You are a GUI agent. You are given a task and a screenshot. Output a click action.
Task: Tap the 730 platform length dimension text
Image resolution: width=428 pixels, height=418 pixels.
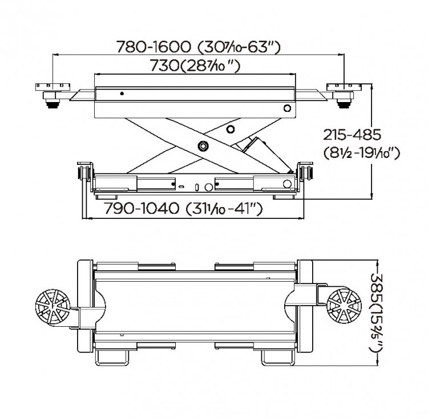point(195,66)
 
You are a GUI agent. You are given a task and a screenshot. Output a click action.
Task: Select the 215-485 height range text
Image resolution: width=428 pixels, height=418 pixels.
point(352,135)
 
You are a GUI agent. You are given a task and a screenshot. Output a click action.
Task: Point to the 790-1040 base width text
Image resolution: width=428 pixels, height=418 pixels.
point(183,209)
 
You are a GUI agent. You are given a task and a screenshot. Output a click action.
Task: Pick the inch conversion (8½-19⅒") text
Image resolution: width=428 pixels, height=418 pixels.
point(362,153)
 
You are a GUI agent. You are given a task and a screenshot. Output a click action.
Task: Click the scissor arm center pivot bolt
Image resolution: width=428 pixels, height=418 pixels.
point(203,146)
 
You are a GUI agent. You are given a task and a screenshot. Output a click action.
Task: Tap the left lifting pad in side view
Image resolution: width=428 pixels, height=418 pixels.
point(53,95)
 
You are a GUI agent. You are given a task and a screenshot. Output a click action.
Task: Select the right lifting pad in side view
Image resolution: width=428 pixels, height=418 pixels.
point(344,95)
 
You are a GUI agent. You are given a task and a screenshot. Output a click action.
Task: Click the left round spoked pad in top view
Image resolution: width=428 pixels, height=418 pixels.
point(53,307)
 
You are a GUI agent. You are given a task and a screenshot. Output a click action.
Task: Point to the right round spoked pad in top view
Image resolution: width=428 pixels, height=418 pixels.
point(344,306)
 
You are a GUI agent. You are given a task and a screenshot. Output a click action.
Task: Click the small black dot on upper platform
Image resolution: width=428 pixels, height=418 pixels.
point(122,94)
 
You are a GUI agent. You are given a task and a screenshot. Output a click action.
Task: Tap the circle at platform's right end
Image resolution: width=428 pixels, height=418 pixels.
point(287,108)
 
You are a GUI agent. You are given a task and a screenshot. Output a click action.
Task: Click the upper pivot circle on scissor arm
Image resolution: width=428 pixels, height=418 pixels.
point(231,129)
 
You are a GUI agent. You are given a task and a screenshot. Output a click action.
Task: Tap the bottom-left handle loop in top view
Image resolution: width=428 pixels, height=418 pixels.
point(112,357)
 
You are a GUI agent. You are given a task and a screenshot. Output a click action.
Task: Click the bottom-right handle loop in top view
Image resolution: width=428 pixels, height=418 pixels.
point(278,357)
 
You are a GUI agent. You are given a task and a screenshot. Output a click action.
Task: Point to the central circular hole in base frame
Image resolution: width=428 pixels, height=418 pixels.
point(209,187)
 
